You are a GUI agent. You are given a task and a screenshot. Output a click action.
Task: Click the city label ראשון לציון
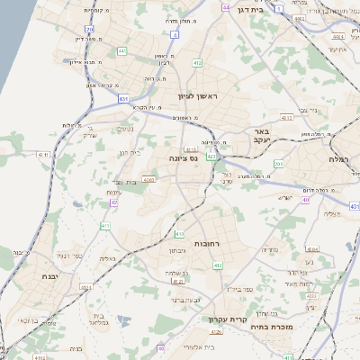tap(188, 94)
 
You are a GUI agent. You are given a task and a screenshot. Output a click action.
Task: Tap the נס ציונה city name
tap(184, 158)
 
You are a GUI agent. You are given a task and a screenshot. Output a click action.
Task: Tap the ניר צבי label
tap(300, 110)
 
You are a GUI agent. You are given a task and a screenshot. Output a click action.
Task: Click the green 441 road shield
tap(121, 50)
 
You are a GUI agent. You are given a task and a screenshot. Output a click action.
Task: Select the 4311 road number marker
tap(40, 155)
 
